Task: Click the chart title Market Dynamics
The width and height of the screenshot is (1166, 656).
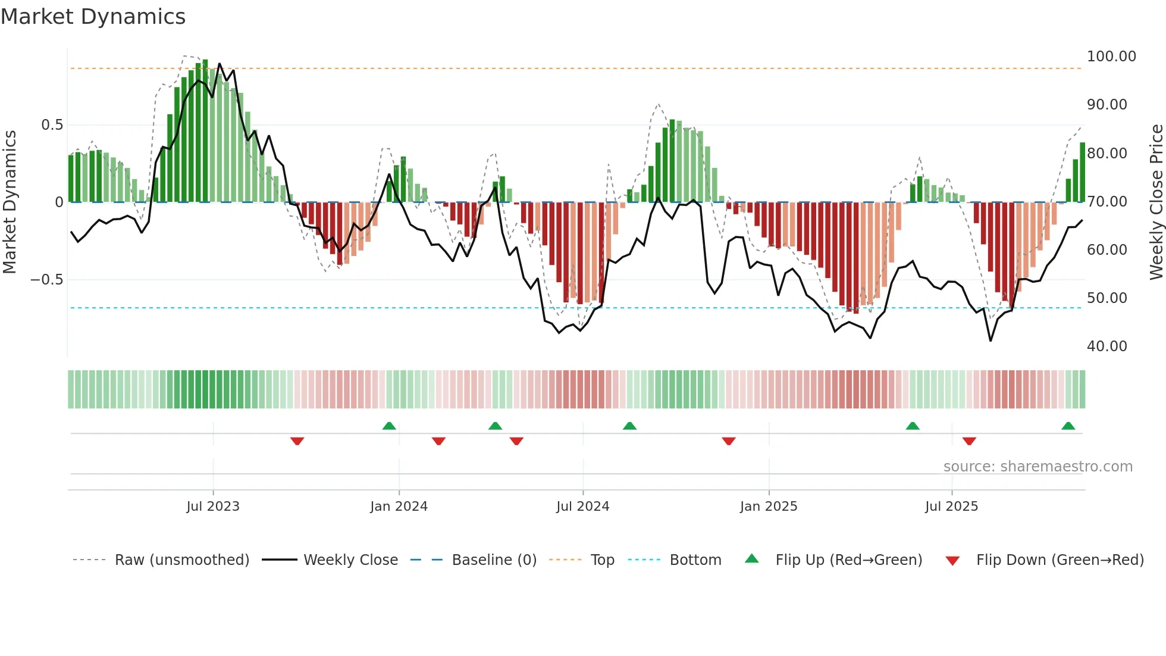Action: [93, 17]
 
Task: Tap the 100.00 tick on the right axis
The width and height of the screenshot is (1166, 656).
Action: [1111, 57]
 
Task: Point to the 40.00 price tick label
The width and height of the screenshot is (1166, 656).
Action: [1107, 346]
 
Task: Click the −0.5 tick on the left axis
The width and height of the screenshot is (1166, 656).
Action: [46, 280]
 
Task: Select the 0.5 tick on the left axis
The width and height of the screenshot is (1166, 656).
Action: [52, 125]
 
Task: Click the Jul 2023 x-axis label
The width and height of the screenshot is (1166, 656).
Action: [213, 507]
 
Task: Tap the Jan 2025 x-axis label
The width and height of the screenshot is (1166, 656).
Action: [768, 507]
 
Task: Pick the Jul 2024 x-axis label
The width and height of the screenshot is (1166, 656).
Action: [582, 507]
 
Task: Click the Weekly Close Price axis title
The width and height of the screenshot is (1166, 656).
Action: [1156, 202]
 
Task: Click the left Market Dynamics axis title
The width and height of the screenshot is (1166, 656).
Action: [10, 202]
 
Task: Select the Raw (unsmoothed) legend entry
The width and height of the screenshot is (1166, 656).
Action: [181, 560]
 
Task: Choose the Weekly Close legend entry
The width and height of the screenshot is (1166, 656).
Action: [350, 560]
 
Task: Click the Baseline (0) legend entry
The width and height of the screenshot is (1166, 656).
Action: [494, 560]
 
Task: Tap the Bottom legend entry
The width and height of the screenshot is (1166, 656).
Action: [695, 560]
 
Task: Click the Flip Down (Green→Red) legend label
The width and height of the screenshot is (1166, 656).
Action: [1060, 560]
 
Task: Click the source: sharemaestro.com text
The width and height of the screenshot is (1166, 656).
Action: [1038, 467]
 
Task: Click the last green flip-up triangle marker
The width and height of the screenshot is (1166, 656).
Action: [1068, 426]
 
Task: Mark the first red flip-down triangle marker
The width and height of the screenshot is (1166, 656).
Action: [297, 441]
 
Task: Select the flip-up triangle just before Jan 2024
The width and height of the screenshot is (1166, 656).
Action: [389, 426]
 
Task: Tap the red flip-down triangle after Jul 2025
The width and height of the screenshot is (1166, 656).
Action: [969, 441]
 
